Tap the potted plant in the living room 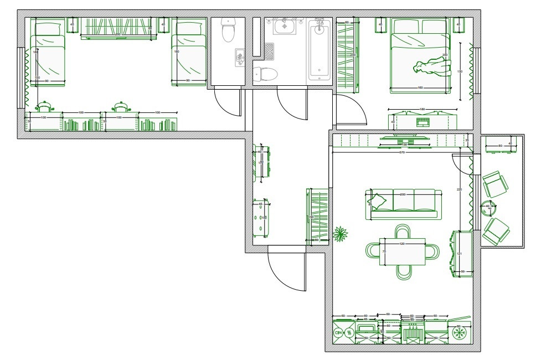340,234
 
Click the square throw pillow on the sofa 379,199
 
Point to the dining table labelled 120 402,251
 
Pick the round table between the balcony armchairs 488,207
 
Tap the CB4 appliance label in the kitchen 338,333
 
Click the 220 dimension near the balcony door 459,189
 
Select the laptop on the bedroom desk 422,121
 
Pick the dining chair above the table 403,231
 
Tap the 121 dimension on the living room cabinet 459,254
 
